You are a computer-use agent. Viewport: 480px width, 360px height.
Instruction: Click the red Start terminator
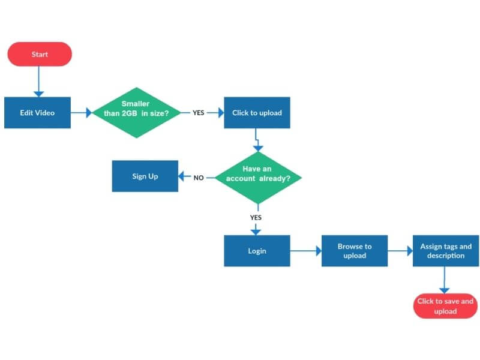[x=40, y=54]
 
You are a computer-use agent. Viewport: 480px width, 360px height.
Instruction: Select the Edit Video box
[x=37, y=112]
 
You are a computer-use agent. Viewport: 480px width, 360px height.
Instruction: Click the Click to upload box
[x=257, y=112]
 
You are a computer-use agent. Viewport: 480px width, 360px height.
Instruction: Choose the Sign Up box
[x=145, y=176]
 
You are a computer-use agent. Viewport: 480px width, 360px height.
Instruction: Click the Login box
[x=257, y=251]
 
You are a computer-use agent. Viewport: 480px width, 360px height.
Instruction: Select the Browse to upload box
[x=354, y=251]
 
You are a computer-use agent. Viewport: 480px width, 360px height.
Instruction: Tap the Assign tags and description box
[x=445, y=251]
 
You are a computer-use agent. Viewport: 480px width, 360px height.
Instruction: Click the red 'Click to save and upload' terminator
[x=445, y=306]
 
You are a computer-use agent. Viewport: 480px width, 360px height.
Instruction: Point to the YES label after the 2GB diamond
[x=199, y=113]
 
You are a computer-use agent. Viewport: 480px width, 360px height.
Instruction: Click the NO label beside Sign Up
[x=199, y=178]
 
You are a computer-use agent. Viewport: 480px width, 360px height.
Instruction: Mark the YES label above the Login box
[x=256, y=217]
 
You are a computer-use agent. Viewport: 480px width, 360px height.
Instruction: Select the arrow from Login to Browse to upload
[x=305, y=251]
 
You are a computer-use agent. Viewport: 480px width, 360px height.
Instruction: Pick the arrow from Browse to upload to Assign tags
[x=400, y=251]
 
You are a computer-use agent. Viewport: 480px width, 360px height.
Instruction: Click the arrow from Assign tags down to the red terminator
[x=445, y=280]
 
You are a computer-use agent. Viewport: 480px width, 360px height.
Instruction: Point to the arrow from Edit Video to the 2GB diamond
[x=81, y=113]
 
